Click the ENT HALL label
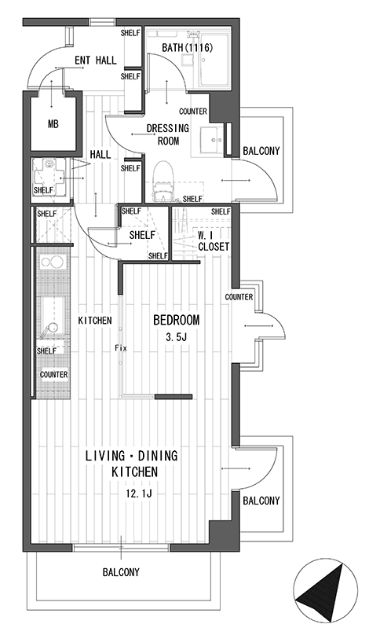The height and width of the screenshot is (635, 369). [x=96, y=61]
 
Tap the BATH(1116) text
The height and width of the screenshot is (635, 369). [x=188, y=48]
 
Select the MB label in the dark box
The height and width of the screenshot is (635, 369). [x=53, y=124]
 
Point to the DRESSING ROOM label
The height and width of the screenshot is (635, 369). [x=167, y=134]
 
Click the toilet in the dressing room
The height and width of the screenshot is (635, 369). [x=164, y=180]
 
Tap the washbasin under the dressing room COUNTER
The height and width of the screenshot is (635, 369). [x=212, y=140]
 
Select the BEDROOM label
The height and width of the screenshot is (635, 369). [x=177, y=320]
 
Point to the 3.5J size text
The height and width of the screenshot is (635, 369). [x=176, y=337]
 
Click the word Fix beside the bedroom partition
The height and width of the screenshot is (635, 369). [x=121, y=348]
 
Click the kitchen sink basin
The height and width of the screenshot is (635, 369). [x=52, y=315]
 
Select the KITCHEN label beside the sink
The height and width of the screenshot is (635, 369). [x=95, y=321]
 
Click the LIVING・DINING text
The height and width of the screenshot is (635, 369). [x=131, y=456]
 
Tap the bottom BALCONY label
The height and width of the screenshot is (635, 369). [x=121, y=572]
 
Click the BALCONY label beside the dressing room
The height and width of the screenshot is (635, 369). [x=261, y=151]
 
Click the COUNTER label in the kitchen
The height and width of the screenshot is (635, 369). [x=54, y=375]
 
